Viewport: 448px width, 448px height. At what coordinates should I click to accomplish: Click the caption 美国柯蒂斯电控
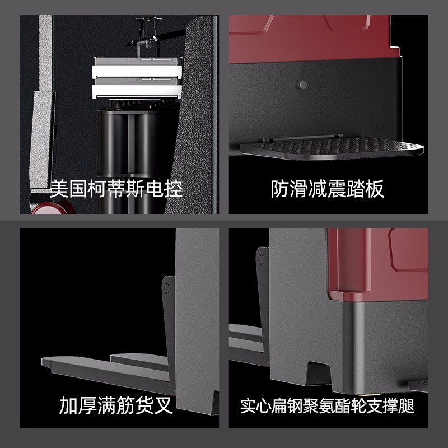(116, 189)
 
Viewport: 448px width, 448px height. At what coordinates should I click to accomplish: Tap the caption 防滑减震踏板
(328, 189)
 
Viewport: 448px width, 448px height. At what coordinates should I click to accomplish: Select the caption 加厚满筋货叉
(116, 405)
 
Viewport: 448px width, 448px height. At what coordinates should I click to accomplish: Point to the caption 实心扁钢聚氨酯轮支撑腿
(328, 405)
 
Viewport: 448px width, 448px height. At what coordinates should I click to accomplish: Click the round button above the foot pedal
(301, 85)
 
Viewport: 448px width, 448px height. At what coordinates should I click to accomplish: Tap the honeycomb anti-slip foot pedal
(332, 148)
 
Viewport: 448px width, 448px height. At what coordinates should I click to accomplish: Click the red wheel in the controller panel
(53, 207)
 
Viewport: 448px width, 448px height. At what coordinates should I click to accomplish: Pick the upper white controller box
(137, 67)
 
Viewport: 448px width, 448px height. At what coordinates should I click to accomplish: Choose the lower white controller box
(137, 88)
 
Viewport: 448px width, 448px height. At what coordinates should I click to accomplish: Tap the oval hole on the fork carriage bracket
(166, 289)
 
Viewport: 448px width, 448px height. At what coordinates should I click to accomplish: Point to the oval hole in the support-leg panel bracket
(260, 259)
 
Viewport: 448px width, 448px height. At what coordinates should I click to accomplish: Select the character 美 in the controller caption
(59, 189)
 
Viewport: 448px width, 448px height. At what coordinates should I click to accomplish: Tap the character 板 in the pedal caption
(375, 189)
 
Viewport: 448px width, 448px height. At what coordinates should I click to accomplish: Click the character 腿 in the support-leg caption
(407, 405)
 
